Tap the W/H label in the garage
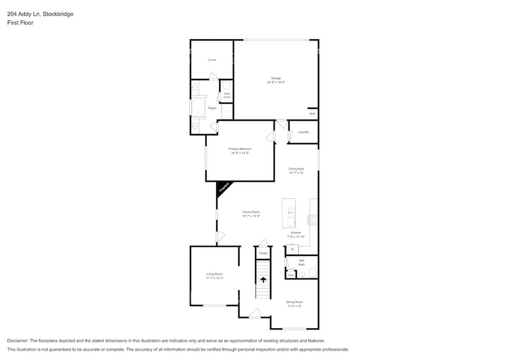pyautogui.click(x=312, y=114)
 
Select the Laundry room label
pyautogui.click(x=303, y=132)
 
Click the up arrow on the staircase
pyautogui.click(x=263, y=280)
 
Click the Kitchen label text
pyautogui.click(x=296, y=233)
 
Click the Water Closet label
pyautogui.click(x=227, y=96)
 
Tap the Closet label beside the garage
pyautogui.click(x=212, y=60)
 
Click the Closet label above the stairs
pyautogui.click(x=263, y=253)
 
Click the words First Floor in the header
pyautogui.click(x=20, y=23)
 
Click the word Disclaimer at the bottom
pyautogui.click(x=18, y=341)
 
